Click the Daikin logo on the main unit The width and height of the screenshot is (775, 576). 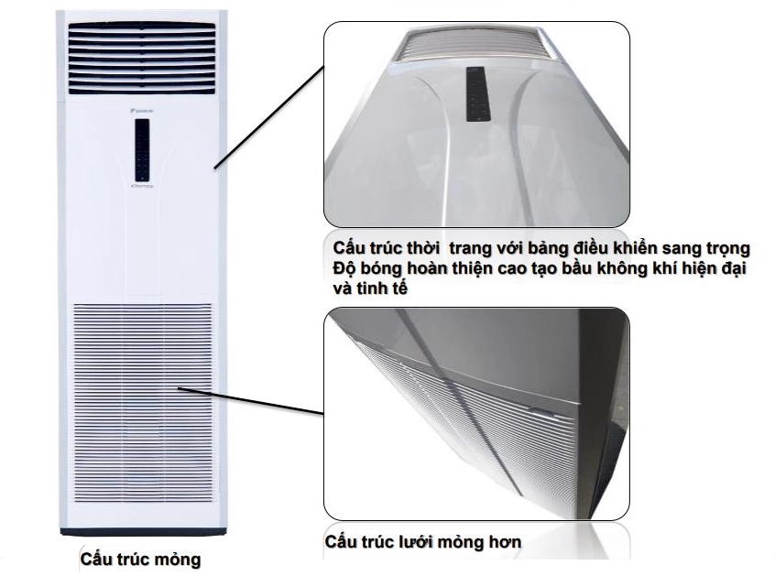coord(143,111)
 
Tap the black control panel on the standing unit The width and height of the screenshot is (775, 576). coord(142,150)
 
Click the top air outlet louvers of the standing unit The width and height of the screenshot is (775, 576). coord(142,58)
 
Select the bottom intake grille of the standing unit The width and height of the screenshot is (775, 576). coord(143,403)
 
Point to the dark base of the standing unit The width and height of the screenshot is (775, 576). coord(143,532)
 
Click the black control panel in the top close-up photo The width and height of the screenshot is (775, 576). coord(478,93)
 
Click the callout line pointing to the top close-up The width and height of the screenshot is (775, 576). coord(269,117)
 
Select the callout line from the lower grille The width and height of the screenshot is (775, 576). coord(251,400)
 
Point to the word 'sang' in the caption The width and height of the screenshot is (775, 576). coord(683,248)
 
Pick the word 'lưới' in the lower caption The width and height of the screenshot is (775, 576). coord(414,542)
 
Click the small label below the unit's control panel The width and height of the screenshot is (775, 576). coord(142,187)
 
